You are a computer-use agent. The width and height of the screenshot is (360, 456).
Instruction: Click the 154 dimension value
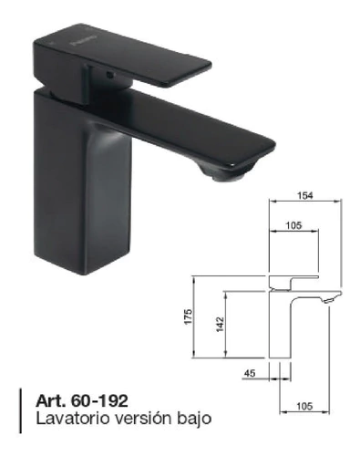tap(304, 195)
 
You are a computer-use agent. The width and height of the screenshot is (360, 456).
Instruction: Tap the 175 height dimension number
tap(189, 316)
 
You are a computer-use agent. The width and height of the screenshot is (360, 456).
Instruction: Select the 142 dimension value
tap(220, 325)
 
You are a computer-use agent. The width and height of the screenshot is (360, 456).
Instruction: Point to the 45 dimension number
tap(250, 373)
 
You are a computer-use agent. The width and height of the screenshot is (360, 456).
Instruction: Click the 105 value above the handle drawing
tap(294, 225)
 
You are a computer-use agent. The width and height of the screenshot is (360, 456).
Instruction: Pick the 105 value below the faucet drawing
tap(304, 406)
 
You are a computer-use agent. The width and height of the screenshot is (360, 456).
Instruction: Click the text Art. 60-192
tap(82, 401)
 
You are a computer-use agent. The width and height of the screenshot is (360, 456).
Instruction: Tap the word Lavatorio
tap(73, 419)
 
